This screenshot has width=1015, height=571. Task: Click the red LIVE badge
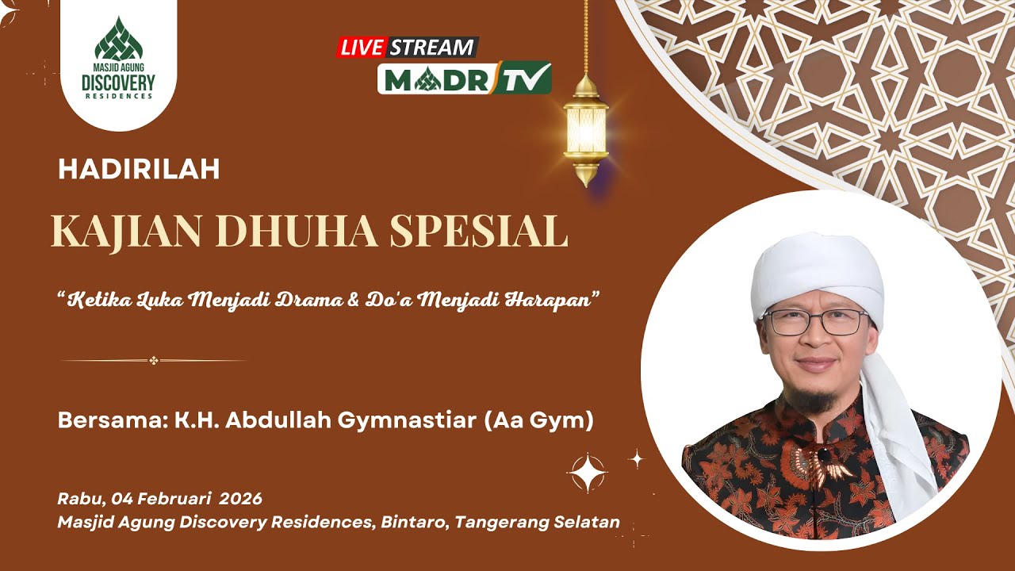(362, 47)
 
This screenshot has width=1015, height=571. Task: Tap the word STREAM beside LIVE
(431, 47)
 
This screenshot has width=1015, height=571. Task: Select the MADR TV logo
(464, 78)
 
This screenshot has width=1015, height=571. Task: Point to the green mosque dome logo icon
(118, 40)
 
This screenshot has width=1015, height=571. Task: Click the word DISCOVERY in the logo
(118, 82)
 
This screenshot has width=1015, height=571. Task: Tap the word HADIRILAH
(139, 169)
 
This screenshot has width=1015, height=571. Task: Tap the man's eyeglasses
(817, 322)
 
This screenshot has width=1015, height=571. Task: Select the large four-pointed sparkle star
(587, 473)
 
